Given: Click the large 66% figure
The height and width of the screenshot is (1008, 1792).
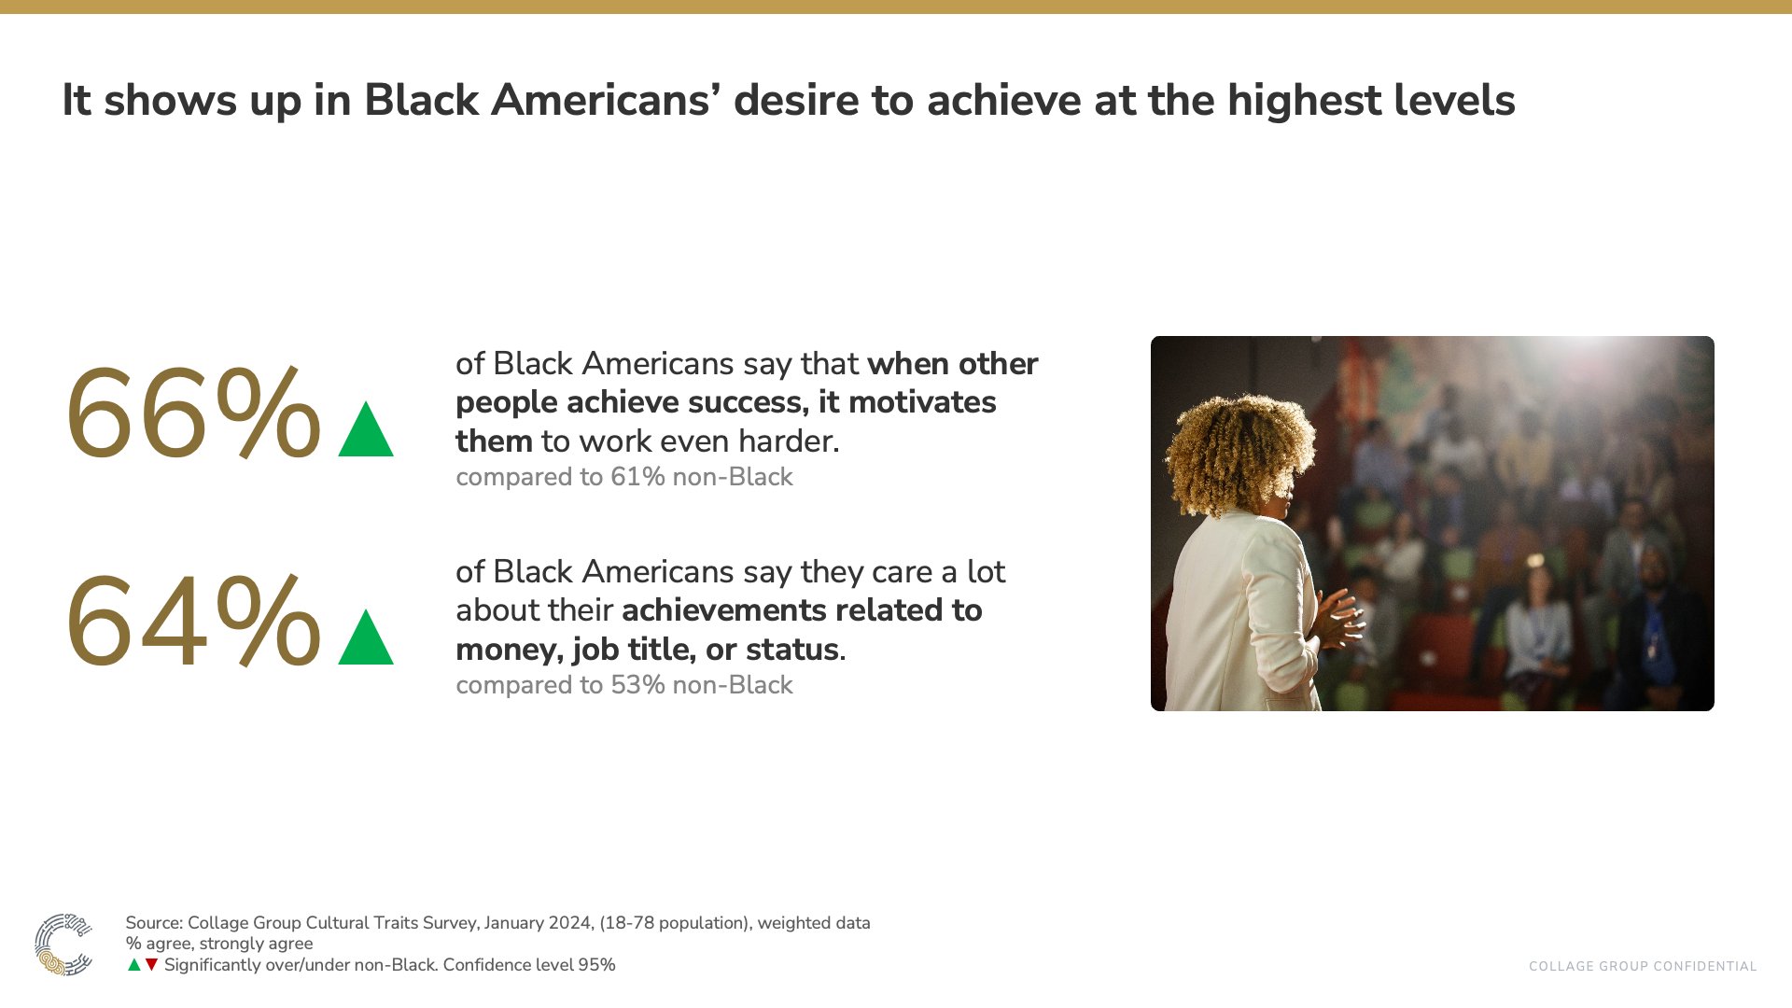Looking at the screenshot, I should (x=192, y=414).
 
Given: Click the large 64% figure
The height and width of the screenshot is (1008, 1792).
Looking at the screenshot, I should (x=192, y=623).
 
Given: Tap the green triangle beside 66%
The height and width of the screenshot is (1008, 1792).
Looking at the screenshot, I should (x=366, y=431).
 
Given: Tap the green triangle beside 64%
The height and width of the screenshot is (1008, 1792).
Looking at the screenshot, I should (x=366, y=639).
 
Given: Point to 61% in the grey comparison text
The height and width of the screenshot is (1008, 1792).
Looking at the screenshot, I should (x=637, y=477).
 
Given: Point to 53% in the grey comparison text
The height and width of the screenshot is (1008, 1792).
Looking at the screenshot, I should (x=637, y=685).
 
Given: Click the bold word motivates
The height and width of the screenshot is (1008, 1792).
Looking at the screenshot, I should (x=921, y=402).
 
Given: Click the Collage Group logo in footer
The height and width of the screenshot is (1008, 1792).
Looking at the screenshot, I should (x=63, y=945).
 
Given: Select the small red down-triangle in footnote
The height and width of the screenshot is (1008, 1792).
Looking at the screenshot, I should (x=151, y=965).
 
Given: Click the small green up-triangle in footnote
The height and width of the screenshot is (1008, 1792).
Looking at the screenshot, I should (x=134, y=965).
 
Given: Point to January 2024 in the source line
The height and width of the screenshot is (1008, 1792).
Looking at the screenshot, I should (x=537, y=923).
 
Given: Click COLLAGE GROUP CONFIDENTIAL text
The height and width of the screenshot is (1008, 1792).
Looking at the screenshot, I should (x=1642, y=967).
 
